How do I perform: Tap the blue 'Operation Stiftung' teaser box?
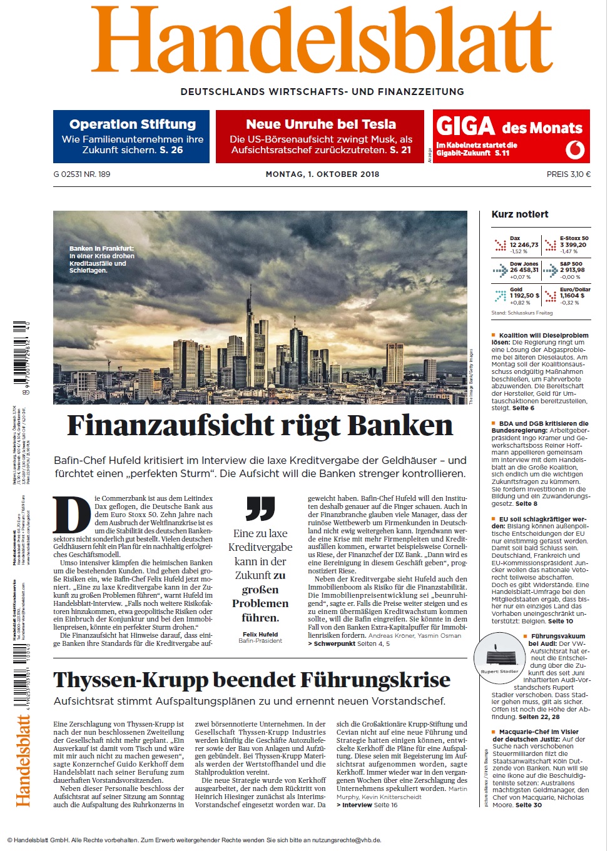(131, 136)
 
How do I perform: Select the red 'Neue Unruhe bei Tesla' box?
(321, 136)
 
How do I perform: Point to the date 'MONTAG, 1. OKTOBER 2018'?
(322, 174)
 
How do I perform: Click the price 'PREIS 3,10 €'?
(568, 174)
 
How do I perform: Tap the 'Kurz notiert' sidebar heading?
(520, 214)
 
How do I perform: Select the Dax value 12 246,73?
(524, 245)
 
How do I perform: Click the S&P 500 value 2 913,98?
(572, 270)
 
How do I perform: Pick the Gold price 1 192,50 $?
(524, 296)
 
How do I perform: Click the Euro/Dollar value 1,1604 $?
(572, 296)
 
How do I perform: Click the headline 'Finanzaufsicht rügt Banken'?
(259, 426)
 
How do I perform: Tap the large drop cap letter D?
(71, 515)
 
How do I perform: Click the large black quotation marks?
(260, 508)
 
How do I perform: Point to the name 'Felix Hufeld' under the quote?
(260, 634)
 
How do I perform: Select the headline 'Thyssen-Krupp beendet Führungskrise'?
(252, 680)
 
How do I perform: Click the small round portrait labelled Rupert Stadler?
(499, 657)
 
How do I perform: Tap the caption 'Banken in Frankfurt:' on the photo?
(101, 248)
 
